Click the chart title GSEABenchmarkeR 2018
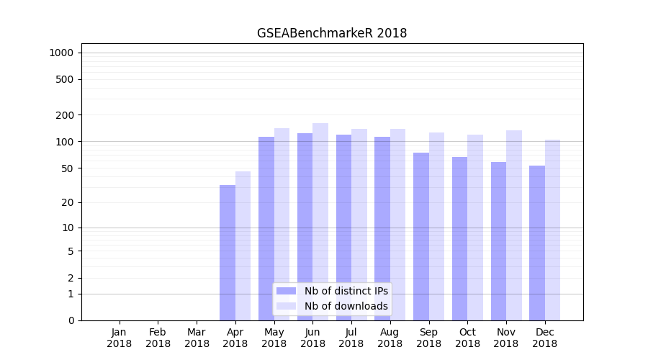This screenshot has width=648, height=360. (x=332, y=33)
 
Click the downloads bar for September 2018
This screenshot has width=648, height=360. (x=436, y=226)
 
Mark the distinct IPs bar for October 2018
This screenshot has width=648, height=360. (x=459, y=238)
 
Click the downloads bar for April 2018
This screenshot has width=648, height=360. (x=243, y=246)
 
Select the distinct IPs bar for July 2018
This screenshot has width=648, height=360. (x=343, y=227)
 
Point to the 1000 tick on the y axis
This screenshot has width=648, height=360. (x=61, y=53)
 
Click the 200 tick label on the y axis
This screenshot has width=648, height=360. (x=66, y=115)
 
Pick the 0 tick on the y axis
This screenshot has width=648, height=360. (x=71, y=320)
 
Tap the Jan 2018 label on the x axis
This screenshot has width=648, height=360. (x=120, y=338)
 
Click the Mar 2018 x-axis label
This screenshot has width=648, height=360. (x=197, y=338)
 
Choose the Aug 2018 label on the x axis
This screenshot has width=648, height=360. (x=390, y=338)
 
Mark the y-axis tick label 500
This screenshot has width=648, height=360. (x=66, y=79)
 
